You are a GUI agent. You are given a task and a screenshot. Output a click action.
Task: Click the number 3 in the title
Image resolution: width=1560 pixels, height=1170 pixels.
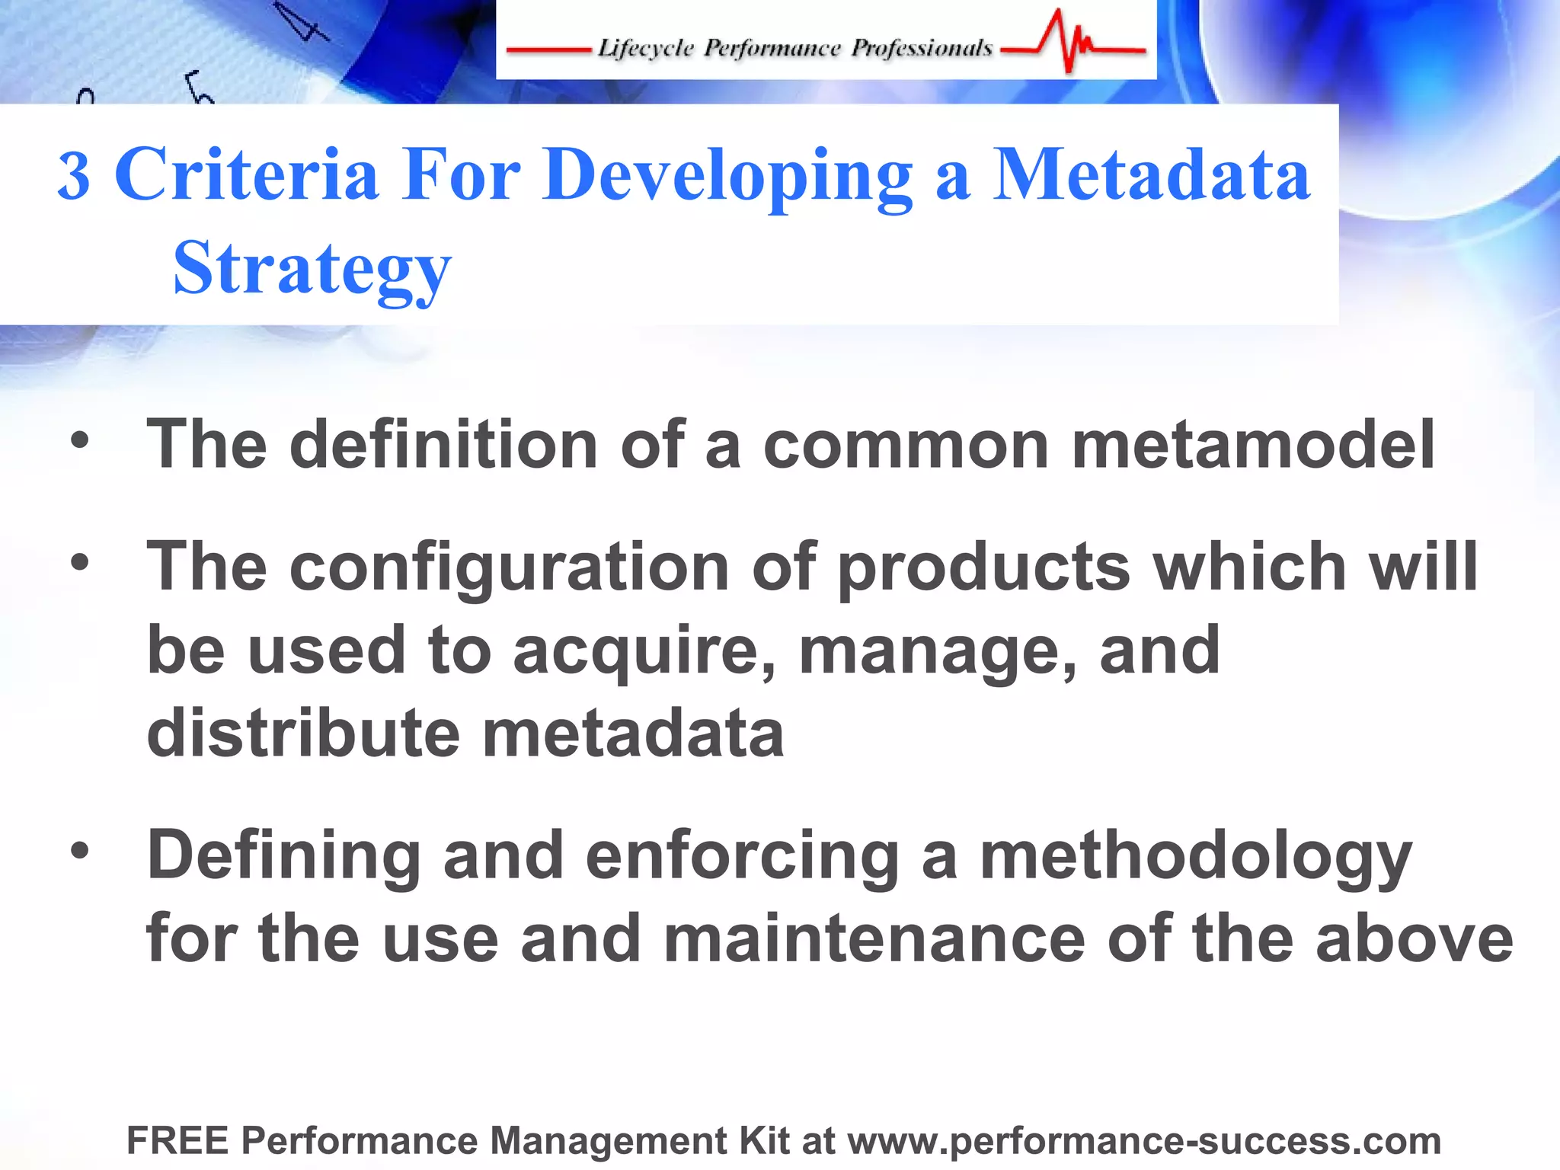pyautogui.click(x=74, y=177)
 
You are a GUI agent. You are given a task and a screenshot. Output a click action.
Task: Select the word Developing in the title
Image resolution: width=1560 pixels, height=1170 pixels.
pyautogui.click(x=727, y=177)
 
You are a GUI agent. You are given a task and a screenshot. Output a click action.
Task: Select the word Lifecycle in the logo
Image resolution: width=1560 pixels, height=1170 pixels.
pyautogui.click(x=646, y=48)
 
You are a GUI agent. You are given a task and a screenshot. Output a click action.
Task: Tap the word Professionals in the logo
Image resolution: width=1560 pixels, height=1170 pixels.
pyautogui.click(x=922, y=48)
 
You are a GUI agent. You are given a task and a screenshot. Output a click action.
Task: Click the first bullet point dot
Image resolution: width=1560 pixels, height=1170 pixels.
pyautogui.click(x=79, y=440)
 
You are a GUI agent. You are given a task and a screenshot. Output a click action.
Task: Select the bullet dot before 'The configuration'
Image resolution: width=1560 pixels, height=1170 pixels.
pyautogui.click(x=79, y=563)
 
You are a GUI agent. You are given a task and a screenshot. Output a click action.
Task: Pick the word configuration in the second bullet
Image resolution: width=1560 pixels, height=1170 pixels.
pyautogui.click(x=510, y=567)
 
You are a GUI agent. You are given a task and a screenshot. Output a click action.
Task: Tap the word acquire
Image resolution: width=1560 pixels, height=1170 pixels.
pyautogui.click(x=644, y=652)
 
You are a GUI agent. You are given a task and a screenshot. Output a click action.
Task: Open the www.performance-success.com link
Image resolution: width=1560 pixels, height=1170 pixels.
pyautogui.click(x=1144, y=1141)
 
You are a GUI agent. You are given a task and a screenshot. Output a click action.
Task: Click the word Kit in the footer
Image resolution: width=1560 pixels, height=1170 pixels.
pyautogui.click(x=763, y=1141)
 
